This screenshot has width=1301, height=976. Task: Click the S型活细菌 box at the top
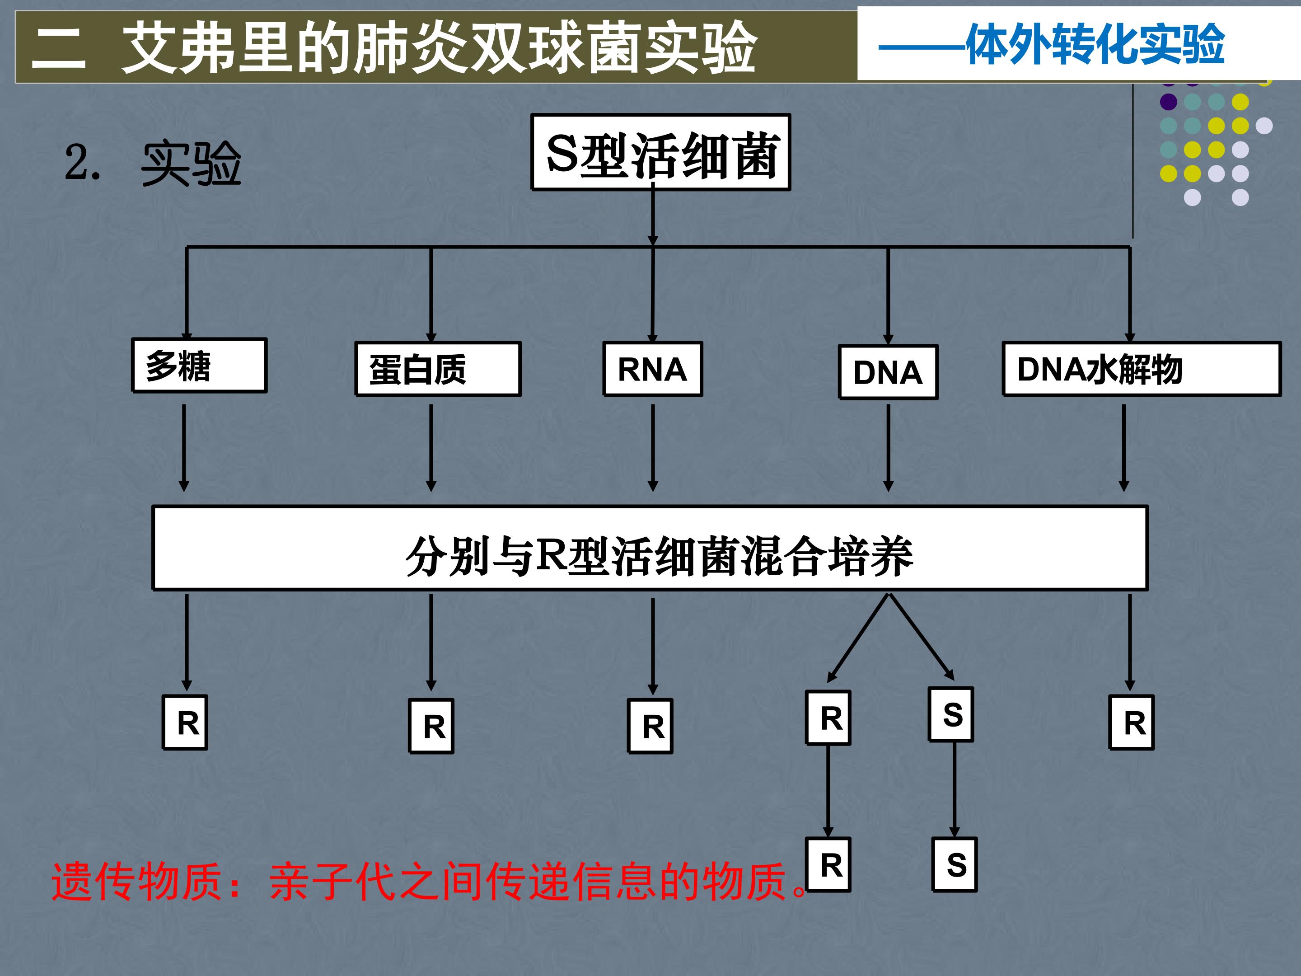(660, 152)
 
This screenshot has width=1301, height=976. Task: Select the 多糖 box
(199, 366)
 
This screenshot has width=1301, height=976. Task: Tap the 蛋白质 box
(438, 369)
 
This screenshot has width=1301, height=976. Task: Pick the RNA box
(653, 369)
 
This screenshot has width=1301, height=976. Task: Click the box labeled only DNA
(888, 372)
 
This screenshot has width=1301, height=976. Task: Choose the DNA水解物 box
(1141, 369)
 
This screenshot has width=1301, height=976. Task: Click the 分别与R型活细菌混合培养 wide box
(650, 548)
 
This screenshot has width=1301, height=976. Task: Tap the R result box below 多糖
(185, 723)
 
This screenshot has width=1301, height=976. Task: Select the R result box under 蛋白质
(431, 726)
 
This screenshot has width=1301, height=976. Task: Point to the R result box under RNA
(650, 726)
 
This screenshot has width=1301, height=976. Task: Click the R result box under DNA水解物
(1132, 723)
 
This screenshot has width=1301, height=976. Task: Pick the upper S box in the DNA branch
(951, 715)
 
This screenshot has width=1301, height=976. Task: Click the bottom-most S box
(955, 865)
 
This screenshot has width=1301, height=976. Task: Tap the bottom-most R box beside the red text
(829, 865)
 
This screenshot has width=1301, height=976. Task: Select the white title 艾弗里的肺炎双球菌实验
(438, 47)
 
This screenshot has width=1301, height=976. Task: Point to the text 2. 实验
(153, 163)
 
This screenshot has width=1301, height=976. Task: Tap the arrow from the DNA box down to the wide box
(888, 447)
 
